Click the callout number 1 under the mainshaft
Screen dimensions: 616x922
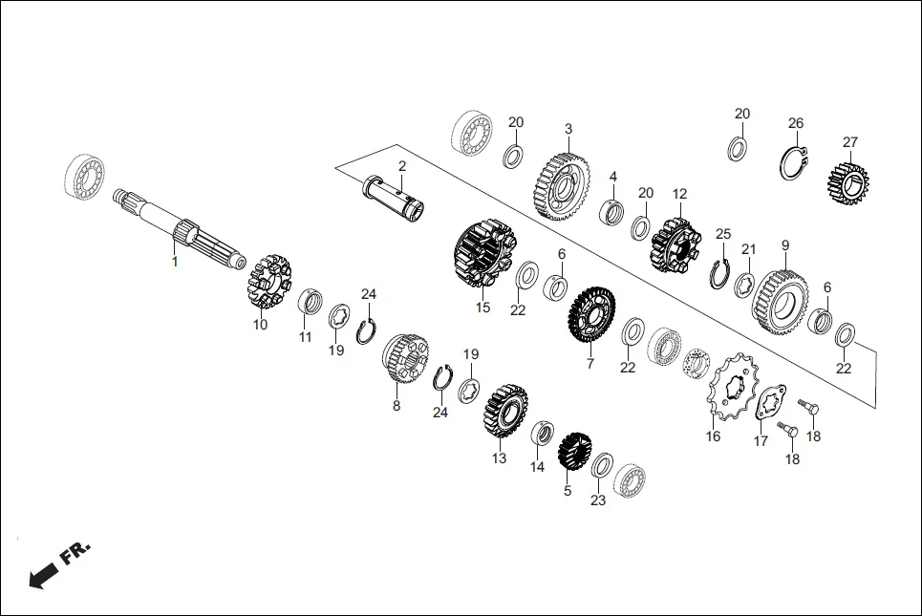pos(174,261)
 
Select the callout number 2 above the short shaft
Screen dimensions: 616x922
pos(402,166)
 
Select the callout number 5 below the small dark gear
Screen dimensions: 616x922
pos(567,491)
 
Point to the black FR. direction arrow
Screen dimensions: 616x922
pos(42,576)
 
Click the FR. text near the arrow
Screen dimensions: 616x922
pos(75,553)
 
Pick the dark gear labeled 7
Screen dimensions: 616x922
pos(592,317)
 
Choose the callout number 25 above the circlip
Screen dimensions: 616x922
pos(723,234)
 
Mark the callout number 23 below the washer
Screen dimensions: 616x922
pos(598,499)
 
